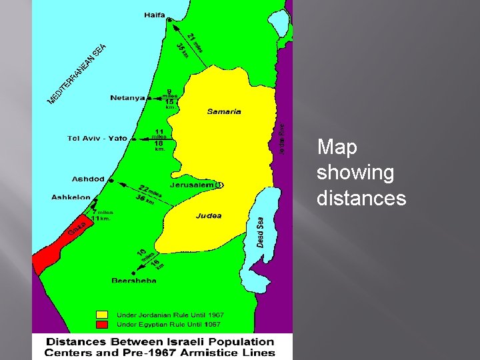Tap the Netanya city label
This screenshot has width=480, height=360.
coord(127,98)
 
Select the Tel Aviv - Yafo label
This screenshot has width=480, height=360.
coord(97,139)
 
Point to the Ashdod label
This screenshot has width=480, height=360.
coord(88,179)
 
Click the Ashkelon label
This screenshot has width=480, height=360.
coord(71,197)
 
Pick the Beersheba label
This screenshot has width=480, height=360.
coord(134,281)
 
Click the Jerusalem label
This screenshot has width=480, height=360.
coord(191,185)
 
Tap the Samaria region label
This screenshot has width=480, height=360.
coord(224,112)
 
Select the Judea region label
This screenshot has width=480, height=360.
coord(209,216)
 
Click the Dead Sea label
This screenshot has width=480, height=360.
coord(260,232)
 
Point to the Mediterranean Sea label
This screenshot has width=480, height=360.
coord(77,73)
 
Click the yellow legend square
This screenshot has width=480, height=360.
coord(101,315)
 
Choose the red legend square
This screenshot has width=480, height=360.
coord(101,324)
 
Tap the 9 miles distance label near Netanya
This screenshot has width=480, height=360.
coord(169,94)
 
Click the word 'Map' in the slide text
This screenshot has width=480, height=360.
coord(337,147)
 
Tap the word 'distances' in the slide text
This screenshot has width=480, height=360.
coord(361,198)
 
